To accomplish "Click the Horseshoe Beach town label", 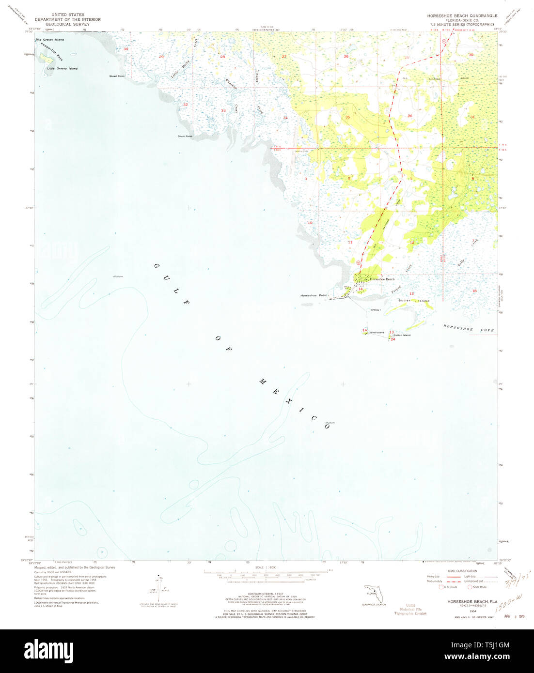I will [x=382, y=279].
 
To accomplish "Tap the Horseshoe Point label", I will [x=314, y=295].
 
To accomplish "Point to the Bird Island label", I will [x=377, y=333].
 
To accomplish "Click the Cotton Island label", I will [x=402, y=335].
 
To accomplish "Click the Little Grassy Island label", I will [x=62, y=69].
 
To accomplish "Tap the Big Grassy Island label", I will [x=49, y=40].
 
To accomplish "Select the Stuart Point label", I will [x=117, y=76].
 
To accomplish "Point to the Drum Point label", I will [x=185, y=137].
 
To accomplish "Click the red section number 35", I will [x=347, y=118].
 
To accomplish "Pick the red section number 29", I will [x=161, y=57].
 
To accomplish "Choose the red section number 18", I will [x=474, y=291].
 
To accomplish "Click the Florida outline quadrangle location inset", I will [x=374, y=594].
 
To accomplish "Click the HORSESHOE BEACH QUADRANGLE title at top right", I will [x=462, y=16].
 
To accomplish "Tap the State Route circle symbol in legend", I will [x=470, y=587].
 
